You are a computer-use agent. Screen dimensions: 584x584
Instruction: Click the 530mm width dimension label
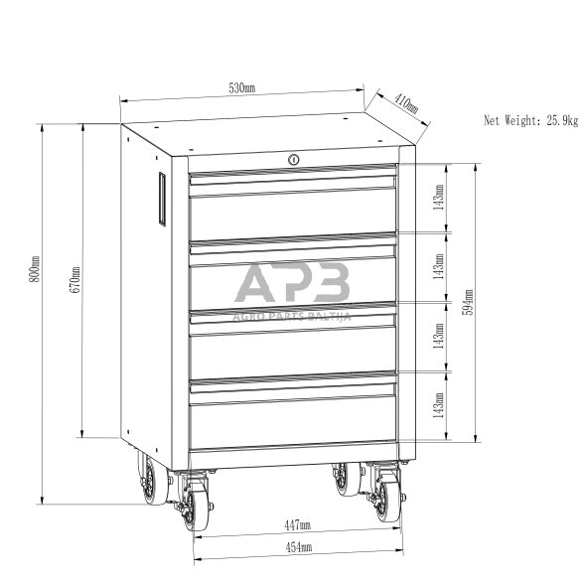241,88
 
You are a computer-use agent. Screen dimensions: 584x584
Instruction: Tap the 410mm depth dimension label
406,104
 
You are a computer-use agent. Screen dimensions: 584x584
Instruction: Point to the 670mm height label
74,279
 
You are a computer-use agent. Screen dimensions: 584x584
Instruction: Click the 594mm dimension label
468,302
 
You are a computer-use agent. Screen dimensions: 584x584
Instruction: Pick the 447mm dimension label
297,525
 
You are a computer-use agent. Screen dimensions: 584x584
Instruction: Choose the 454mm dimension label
299,547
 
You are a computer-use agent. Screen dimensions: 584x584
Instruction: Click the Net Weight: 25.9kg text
531,120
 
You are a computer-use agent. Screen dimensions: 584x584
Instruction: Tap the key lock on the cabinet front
294,160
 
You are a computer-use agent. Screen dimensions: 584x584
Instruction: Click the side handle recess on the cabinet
162,199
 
